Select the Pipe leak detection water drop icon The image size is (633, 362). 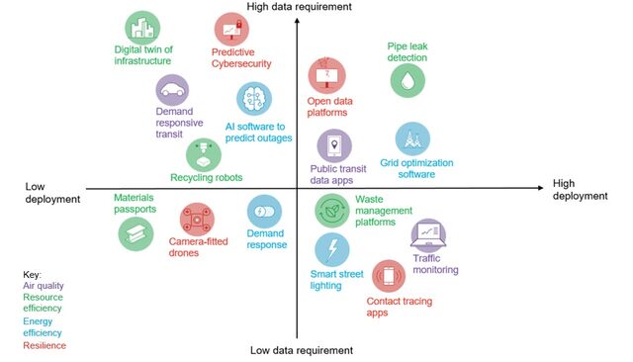[407, 79]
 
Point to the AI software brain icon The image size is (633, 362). [254, 100]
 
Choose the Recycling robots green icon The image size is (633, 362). [204, 155]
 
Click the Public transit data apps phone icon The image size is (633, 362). [334, 146]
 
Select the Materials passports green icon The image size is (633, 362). [136, 232]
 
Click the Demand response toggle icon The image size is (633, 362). [264, 212]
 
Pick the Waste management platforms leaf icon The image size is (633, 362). [329, 210]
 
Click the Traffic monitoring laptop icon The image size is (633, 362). [428, 236]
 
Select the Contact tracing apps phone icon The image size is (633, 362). [388, 276]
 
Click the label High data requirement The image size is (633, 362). [300, 7]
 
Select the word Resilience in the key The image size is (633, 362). [45, 345]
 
